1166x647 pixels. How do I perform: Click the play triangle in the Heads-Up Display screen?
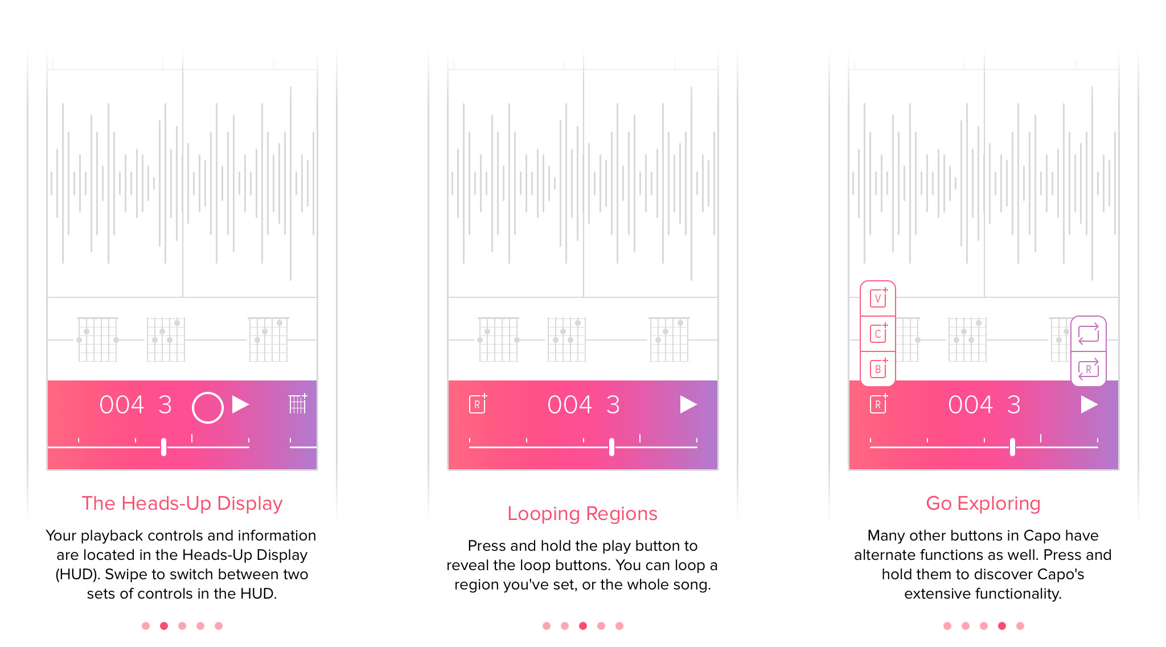[240, 404]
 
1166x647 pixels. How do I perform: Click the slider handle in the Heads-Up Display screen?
[164, 447]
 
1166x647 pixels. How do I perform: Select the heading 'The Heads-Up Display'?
[182, 503]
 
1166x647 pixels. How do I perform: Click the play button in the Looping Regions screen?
[688, 404]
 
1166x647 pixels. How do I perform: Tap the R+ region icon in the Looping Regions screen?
[478, 403]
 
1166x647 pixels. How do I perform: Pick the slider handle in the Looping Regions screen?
[612, 447]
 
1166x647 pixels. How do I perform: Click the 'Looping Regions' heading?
[582, 514]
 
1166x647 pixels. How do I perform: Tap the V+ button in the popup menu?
[878, 298]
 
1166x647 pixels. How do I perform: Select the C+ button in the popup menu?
[878, 333]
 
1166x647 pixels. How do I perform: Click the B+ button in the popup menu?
[878, 368]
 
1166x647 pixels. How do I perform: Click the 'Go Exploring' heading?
[983, 503]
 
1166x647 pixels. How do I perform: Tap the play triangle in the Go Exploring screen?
[1089, 404]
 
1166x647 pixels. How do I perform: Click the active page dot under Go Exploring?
[1002, 626]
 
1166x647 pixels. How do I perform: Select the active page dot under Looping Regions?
[583, 626]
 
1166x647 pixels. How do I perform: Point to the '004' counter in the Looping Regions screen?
[570, 405]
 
